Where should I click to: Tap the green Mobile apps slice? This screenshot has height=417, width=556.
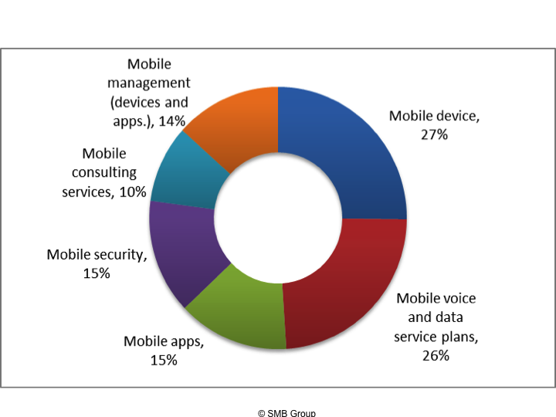(232, 309)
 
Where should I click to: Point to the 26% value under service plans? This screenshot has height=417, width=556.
(436, 356)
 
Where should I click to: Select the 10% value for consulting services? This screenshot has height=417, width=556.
(133, 192)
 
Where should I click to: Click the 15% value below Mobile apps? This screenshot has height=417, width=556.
(164, 359)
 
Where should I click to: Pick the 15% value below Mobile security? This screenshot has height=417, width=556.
(97, 273)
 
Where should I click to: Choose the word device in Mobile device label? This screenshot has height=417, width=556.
(456, 116)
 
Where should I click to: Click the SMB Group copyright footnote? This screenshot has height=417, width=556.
(286, 412)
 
